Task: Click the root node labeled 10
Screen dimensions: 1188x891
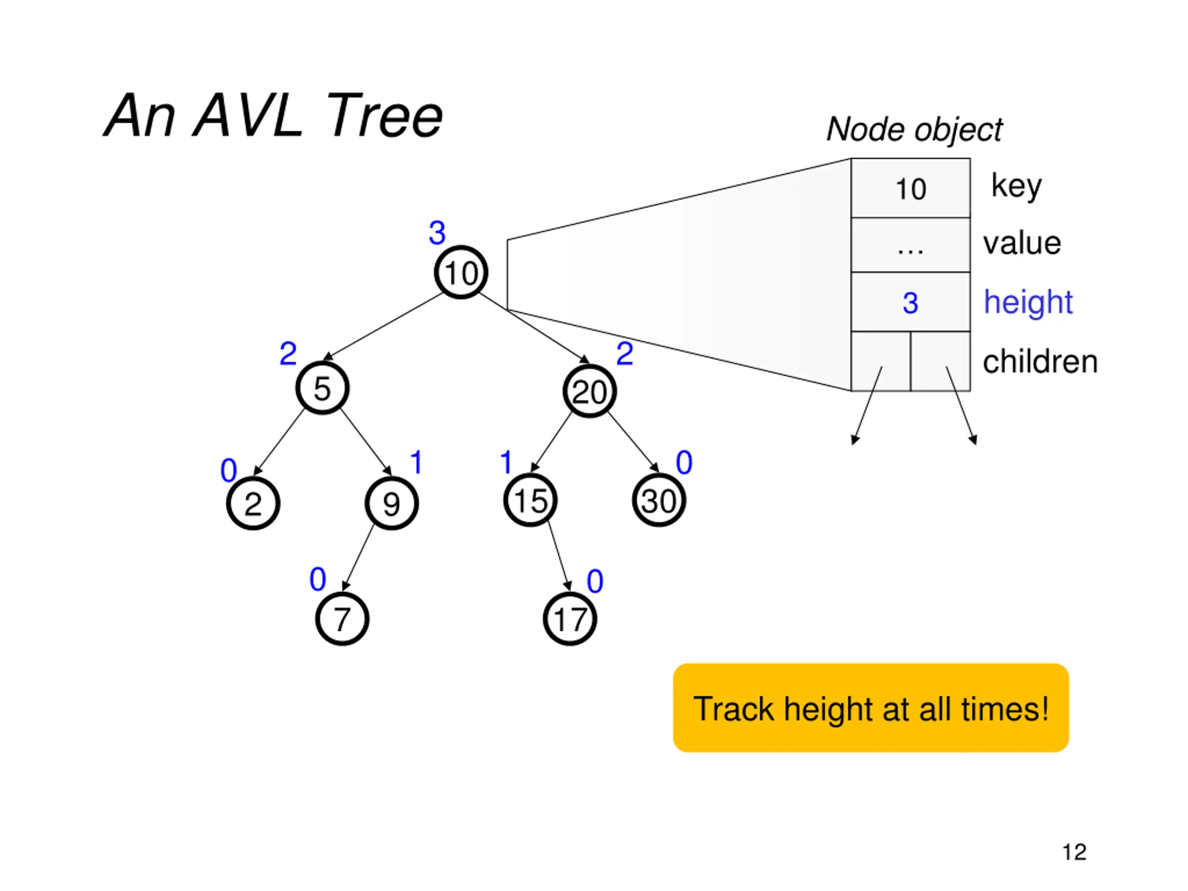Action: (x=461, y=272)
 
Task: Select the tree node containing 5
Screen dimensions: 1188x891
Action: (x=322, y=388)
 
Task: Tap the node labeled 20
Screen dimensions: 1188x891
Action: (x=589, y=391)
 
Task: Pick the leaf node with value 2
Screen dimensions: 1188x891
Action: (x=253, y=503)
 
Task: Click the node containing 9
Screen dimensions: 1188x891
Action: (x=392, y=503)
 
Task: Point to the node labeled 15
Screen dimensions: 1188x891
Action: (x=530, y=500)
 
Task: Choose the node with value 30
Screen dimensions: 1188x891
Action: (x=659, y=500)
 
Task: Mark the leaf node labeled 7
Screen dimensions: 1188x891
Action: (x=342, y=619)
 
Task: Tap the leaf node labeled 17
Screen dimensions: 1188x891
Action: (x=570, y=619)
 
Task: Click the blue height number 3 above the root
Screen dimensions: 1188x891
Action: (x=437, y=232)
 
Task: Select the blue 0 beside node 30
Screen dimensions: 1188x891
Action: (x=684, y=462)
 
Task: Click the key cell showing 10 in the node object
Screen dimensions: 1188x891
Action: (x=910, y=188)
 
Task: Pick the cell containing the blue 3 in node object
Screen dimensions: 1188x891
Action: (x=910, y=302)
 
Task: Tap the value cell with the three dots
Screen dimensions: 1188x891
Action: (x=910, y=245)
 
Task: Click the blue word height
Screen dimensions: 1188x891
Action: (x=1028, y=302)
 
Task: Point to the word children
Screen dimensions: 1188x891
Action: (x=1040, y=361)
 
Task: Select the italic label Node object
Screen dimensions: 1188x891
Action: (x=914, y=129)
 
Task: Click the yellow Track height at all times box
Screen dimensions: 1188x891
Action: (x=871, y=708)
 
